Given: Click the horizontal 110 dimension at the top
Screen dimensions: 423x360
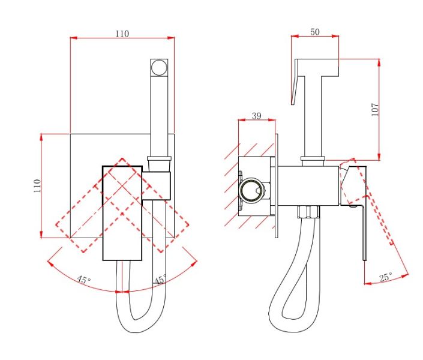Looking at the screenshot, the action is [x=122, y=34].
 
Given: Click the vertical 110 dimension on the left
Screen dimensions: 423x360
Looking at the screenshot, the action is [x=37, y=185].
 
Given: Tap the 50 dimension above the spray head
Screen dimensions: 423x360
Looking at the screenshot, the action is [x=315, y=32].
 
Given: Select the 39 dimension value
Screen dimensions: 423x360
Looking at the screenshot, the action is [x=257, y=116].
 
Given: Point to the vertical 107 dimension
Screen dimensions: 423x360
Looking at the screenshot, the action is [x=375, y=109].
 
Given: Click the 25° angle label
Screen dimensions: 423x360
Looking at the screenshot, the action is [x=386, y=277].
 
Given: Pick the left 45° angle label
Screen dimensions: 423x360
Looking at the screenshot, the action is [x=84, y=280].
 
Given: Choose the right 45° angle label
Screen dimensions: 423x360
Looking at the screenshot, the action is [x=161, y=280].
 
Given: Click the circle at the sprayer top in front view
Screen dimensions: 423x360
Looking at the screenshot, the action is [x=159, y=67].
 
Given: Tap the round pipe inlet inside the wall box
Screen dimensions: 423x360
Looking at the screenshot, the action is [x=251, y=190].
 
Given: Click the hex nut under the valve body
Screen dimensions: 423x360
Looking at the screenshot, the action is [x=308, y=212].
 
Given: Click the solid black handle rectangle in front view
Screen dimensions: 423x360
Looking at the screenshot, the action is [x=122, y=213].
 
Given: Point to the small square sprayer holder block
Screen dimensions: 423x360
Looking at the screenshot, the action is [x=157, y=185].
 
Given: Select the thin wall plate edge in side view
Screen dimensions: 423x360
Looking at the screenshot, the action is [x=276, y=186].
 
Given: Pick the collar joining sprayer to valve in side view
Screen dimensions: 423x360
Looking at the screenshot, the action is [x=313, y=161].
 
